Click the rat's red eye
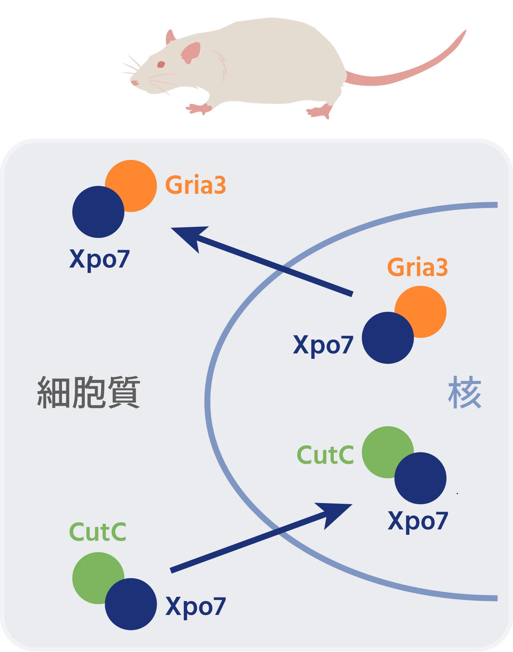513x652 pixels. click(x=161, y=64)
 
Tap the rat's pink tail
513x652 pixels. click(x=410, y=71)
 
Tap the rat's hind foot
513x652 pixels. click(x=319, y=112)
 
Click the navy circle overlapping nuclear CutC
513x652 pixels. click(x=420, y=478)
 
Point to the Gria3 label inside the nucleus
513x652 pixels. click(x=417, y=267)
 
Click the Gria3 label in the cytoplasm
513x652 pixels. click(x=196, y=185)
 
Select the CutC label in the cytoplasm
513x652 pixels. click(x=98, y=532)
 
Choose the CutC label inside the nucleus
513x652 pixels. click(x=325, y=455)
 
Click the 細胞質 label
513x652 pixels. click(x=88, y=392)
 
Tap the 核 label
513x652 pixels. click(x=465, y=392)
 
